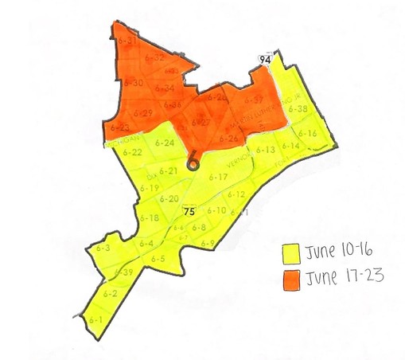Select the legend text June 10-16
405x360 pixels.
click(333, 254)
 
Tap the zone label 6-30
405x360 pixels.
click(134, 83)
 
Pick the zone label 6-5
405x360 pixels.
click(158, 259)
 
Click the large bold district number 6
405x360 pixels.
click(191, 161)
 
